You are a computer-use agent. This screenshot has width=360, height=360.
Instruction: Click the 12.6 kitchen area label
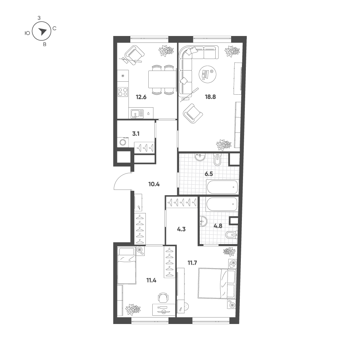[141, 97]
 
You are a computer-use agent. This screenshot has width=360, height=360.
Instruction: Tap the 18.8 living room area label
[210, 97]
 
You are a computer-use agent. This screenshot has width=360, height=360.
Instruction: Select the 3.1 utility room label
[136, 134]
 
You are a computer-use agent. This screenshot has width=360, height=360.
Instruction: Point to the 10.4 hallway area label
[154, 184]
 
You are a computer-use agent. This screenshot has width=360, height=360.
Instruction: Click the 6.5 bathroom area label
[209, 174]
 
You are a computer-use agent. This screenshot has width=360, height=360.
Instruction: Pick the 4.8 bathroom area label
[218, 226]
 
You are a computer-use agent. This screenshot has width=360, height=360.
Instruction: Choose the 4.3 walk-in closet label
[181, 229]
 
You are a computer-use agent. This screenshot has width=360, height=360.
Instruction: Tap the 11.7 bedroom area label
[192, 263]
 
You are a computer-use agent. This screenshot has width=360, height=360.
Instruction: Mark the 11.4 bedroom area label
[151, 280]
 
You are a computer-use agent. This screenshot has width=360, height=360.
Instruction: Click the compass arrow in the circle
[42, 31]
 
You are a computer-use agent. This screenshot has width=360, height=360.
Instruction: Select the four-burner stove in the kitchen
[123, 92]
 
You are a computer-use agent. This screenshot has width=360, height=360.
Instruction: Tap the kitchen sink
[137, 114]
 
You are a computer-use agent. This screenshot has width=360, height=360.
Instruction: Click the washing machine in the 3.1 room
[123, 142]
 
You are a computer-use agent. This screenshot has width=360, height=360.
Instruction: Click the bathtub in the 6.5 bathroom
[222, 187]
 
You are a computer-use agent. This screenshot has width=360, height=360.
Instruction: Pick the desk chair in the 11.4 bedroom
[163, 298]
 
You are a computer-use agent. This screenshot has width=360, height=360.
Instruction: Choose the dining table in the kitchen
[162, 80]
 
